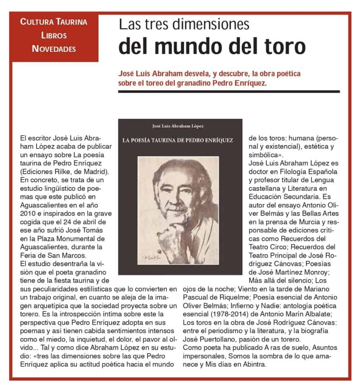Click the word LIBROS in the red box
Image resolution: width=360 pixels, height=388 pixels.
click(55, 35)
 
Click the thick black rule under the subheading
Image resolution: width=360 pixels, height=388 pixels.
click(229, 91)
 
